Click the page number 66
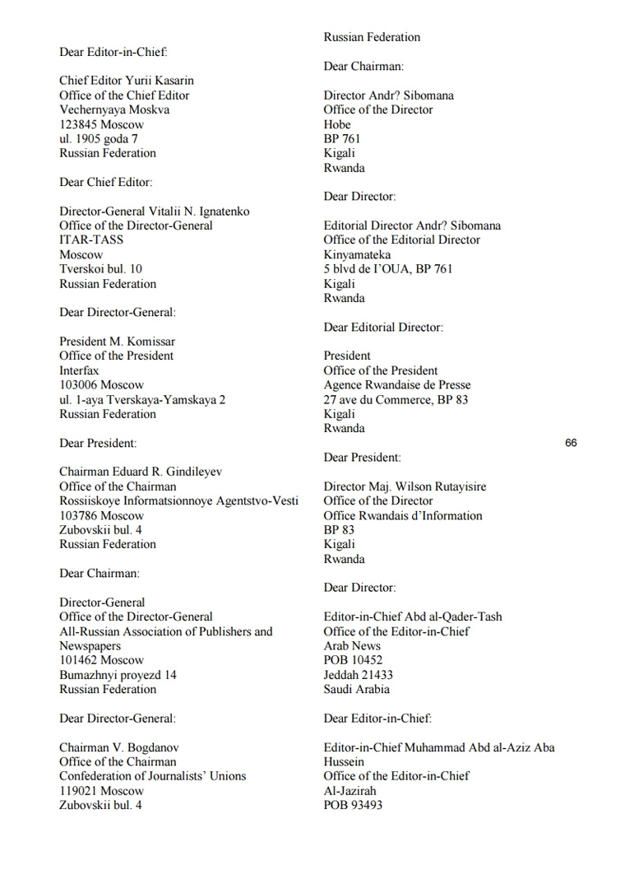point(571,443)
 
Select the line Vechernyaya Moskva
point(114,109)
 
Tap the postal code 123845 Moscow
point(101,124)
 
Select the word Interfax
point(79,370)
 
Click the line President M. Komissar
point(117,342)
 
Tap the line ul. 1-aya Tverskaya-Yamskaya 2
point(142,399)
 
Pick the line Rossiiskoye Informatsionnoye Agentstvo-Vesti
point(178,501)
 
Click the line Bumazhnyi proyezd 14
point(118,675)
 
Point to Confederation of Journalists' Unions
point(152,776)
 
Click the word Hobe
point(337,124)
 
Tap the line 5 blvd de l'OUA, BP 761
point(387,269)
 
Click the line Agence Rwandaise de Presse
point(397,385)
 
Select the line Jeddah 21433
point(359,675)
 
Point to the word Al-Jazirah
point(350,791)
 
